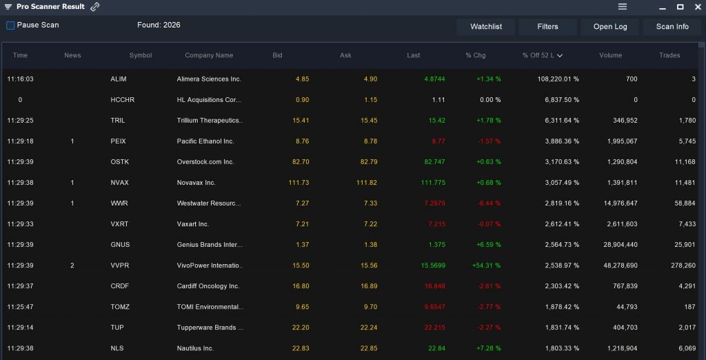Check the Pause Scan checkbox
pyautogui.click(x=10, y=26)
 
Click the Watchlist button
pyautogui.click(x=486, y=27)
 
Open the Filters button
pyautogui.click(x=547, y=27)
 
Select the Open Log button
pyautogui.click(x=610, y=27)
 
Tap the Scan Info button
pyautogui.click(x=672, y=27)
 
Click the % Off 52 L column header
pyautogui.click(x=542, y=55)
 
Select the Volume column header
pyautogui.click(x=610, y=55)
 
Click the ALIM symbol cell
pyautogui.click(x=119, y=79)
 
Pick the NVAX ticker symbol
pyautogui.click(x=119, y=183)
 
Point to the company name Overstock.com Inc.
pyautogui.click(x=205, y=162)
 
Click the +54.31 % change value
pyautogui.click(x=487, y=266)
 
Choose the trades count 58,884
pyautogui.click(x=685, y=203)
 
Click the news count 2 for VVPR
pyautogui.click(x=72, y=266)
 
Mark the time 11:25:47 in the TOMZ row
pyautogui.click(x=20, y=307)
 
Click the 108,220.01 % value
pyautogui.click(x=558, y=79)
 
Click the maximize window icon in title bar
pyautogui.click(x=680, y=7)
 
